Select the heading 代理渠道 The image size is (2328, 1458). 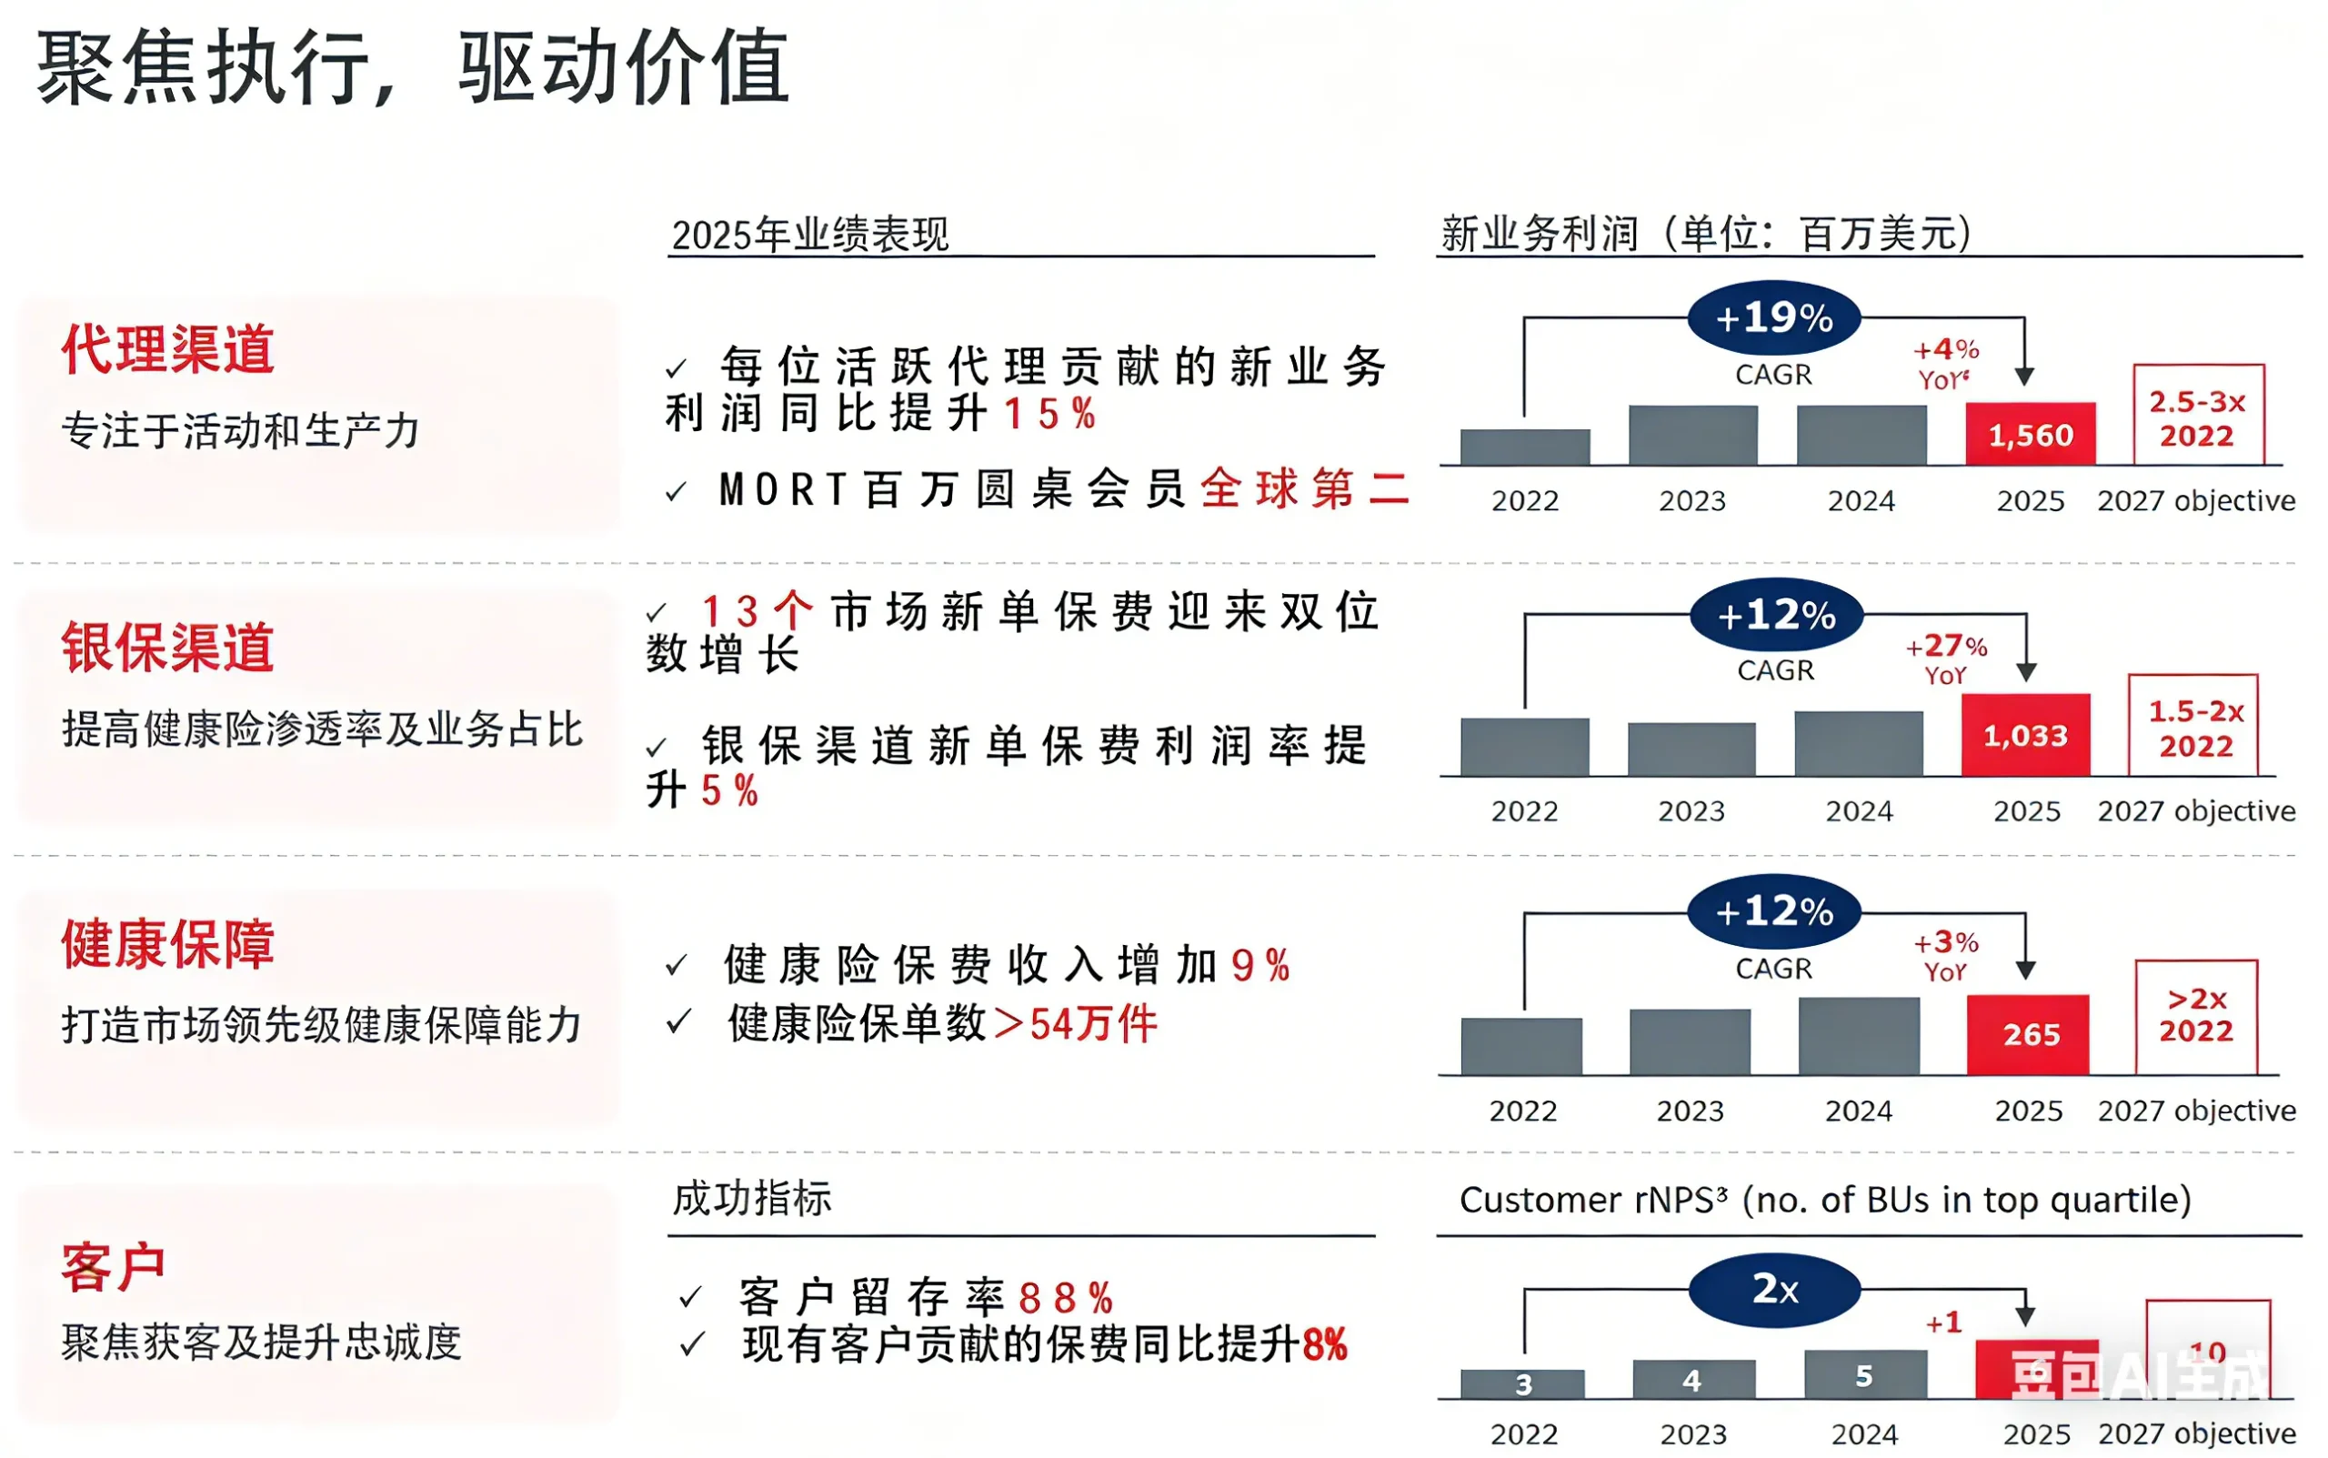click(167, 349)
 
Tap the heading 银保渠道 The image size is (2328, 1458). click(167, 647)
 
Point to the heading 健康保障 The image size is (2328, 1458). click(167, 943)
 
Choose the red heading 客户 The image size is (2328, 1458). click(113, 1267)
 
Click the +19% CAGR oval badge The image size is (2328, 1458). click(1773, 318)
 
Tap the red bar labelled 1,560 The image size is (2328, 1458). click(2030, 435)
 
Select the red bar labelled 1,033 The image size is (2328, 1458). click(2025, 735)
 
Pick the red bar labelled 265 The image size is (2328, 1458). click(2028, 1035)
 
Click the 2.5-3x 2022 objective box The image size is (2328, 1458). click(2198, 417)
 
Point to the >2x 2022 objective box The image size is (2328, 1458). click(2196, 1015)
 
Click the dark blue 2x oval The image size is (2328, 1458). click(1773, 1289)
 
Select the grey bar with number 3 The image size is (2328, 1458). click(1522, 1383)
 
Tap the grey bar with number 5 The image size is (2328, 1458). click(1864, 1375)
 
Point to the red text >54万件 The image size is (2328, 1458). click(1076, 1024)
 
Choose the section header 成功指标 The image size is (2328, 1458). click(752, 1199)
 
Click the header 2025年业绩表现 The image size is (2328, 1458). click(809, 235)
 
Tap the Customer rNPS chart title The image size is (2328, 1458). click(1825, 1200)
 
